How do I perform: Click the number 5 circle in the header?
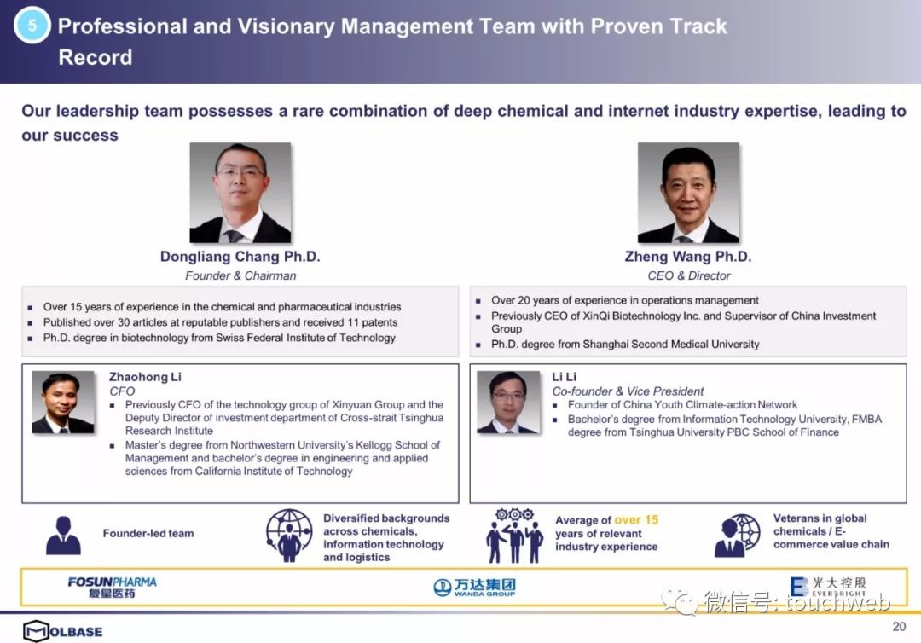coord(32,26)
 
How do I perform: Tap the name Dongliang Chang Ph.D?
coord(240,257)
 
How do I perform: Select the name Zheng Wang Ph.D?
coord(688,257)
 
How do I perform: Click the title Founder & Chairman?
coord(240,275)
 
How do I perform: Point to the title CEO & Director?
coord(689,275)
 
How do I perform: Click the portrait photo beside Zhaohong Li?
coord(63,403)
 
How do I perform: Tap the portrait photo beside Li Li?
coord(508,403)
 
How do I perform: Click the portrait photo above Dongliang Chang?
coord(240,193)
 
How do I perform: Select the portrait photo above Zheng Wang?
coord(688,193)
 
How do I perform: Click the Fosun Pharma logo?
coord(113,587)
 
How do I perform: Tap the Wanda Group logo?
coord(475,587)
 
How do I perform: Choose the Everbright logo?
coord(828,587)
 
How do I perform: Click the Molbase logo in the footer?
coord(63,631)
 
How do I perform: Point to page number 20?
coord(899,626)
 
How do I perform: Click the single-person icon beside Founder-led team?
coord(63,536)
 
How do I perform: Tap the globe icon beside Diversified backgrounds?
coord(289,535)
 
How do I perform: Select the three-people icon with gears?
coord(514,536)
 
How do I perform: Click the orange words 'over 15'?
coord(636,519)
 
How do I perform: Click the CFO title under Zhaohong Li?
coord(122,391)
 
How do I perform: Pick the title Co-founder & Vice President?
coord(628,391)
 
